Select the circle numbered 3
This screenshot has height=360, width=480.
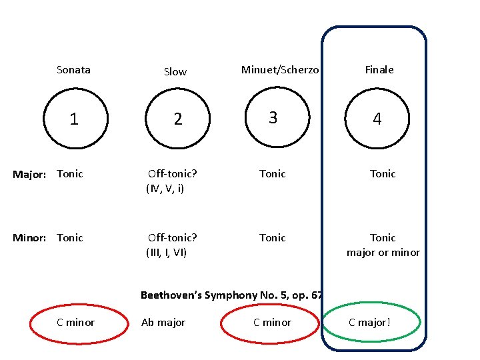click(x=273, y=118)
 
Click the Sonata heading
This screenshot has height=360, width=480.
click(x=73, y=69)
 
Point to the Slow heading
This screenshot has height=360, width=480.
click(x=175, y=72)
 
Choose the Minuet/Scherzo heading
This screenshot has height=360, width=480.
click(x=280, y=69)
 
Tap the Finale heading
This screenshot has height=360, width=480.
click(x=379, y=69)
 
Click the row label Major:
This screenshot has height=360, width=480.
click(x=30, y=175)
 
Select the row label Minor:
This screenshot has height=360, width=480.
click(x=30, y=238)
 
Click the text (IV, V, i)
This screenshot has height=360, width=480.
click(x=165, y=189)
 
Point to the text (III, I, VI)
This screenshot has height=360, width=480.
click(x=167, y=253)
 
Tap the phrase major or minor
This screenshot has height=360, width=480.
click(x=383, y=253)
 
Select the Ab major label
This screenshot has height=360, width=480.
click(x=163, y=323)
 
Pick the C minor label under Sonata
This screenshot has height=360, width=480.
click(x=75, y=323)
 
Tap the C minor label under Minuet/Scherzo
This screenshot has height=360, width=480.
click(x=272, y=323)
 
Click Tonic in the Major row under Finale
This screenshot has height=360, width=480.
click(x=383, y=174)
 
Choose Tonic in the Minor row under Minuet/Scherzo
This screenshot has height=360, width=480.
click(x=272, y=238)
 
